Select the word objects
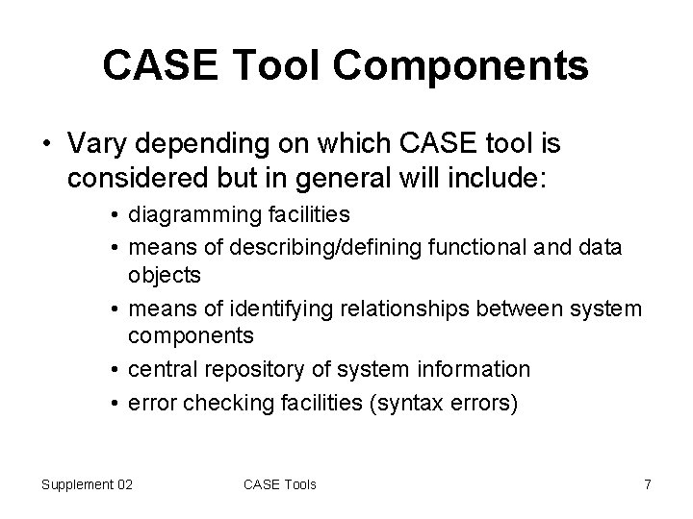[x=165, y=276]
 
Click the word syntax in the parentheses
[x=409, y=401]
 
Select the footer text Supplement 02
[x=87, y=483]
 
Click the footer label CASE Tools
[x=280, y=483]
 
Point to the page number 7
[x=647, y=483]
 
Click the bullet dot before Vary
[x=46, y=143]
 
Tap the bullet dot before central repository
[x=115, y=369]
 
